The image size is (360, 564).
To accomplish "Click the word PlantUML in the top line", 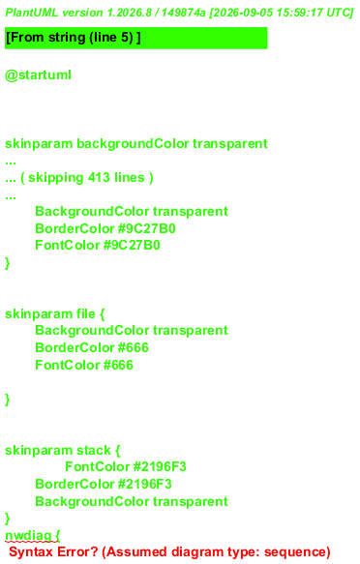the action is pyautogui.click(x=32, y=13).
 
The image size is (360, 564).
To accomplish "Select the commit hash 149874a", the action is pyautogui.click(x=184, y=13).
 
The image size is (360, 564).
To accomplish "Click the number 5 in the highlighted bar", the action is pyautogui.click(x=129, y=37).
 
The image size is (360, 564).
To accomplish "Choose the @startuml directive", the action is pyautogui.click(x=38, y=75).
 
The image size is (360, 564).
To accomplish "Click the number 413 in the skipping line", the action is pyautogui.click(x=99, y=177).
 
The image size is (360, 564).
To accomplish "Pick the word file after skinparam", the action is pyautogui.click(x=85, y=313).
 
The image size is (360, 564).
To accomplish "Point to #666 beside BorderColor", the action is pyautogui.click(x=134, y=347).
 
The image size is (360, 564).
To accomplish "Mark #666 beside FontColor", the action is pyautogui.click(x=118, y=365).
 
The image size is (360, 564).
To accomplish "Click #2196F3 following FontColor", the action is pyautogui.click(x=160, y=467).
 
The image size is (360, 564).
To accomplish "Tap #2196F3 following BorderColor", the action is pyautogui.click(x=145, y=484).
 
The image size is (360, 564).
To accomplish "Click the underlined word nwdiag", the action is pyautogui.click(x=28, y=536).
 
